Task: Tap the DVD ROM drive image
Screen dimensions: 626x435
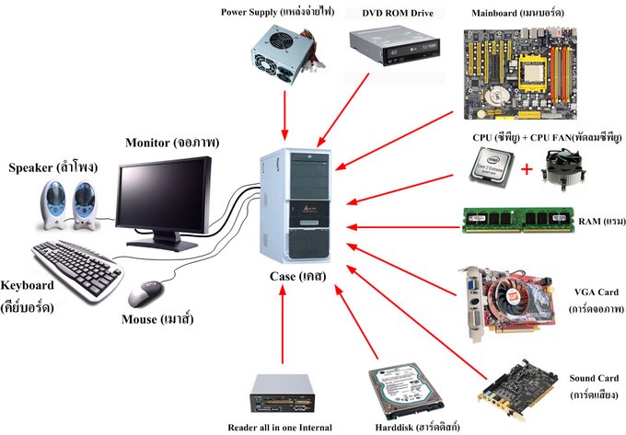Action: click(x=394, y=46)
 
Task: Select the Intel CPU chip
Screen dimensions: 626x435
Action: click(x=492, y=167)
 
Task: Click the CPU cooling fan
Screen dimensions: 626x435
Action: click(x=563, y=168)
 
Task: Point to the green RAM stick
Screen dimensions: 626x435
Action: click(x=518, y=220)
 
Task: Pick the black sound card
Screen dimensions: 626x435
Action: click(x=518, y=390)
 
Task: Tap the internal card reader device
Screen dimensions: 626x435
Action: click(x=283, y=393)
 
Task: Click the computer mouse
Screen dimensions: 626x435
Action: click(x=145, y=293)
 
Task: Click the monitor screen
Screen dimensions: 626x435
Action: click(x=165, y=198)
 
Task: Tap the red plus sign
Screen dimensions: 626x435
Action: click(x=527, y=169)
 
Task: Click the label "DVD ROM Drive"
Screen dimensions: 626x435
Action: click(x=398, y=13)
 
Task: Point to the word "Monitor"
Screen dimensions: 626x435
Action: click(x=147, y=143)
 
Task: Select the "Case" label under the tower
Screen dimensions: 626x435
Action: click(x=283, y=276)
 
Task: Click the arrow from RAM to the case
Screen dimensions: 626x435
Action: click(x=403, y=227)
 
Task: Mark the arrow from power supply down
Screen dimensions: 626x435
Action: click(x=284, y=116)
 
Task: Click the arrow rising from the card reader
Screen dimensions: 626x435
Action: click(x=283, y=325)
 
